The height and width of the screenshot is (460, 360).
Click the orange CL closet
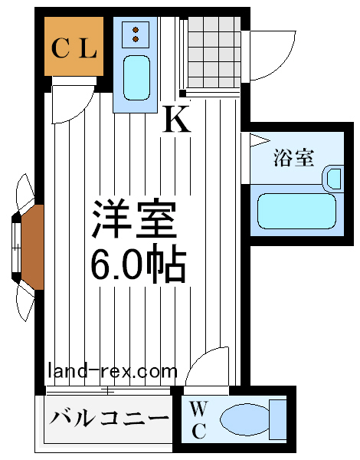pos(74,46)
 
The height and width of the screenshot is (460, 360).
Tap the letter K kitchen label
pos(177,119)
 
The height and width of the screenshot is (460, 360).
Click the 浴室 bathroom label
pos(293,158)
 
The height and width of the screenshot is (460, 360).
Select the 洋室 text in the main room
pos(135,219)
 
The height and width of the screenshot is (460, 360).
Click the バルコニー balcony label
pos(109,418)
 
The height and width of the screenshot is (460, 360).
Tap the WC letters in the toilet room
pos(198,420)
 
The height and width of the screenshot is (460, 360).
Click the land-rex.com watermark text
pos(113,371)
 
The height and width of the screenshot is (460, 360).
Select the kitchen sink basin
pos(136,77)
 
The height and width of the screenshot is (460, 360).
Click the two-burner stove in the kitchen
pos(136,34)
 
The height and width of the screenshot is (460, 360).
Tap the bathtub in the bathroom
pos(296,211)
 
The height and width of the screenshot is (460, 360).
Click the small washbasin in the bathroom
pos(334,179)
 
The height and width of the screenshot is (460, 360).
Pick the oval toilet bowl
pos(244,419)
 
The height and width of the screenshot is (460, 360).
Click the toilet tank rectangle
pos(277,419)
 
